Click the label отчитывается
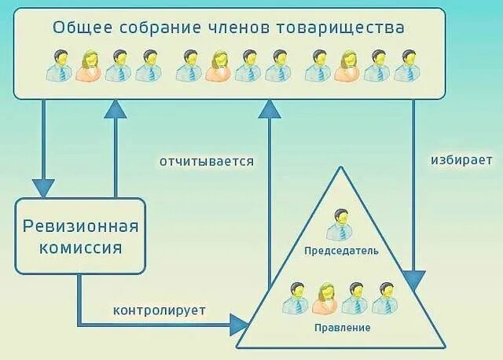pos(207,162)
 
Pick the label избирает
pos(461,160)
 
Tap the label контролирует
pos(160,310)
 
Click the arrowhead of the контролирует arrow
pos(239,321)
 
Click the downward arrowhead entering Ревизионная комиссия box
pos(43,188)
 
